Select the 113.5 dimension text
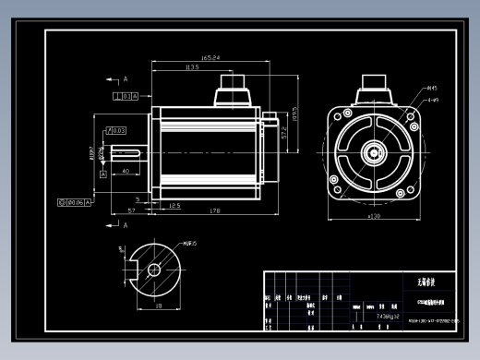193,67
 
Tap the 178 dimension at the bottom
214,211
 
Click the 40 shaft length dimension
126,171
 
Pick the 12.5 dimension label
174,206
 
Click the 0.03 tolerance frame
117,130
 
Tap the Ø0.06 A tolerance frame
75,201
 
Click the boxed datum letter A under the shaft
102,174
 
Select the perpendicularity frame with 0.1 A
125,95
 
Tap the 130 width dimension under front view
375,216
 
